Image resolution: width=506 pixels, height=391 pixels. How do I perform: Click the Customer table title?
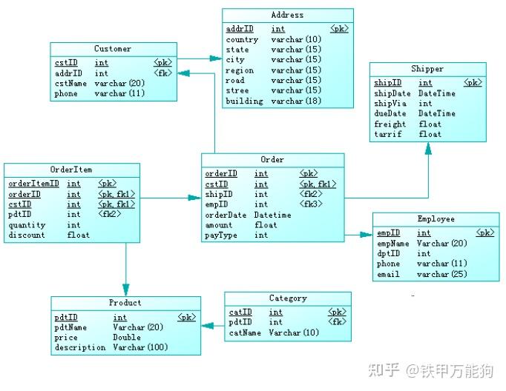tap(113, 49)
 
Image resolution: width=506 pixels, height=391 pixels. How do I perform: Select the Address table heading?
tap(287, 15)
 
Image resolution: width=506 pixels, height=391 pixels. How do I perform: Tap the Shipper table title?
tap(427, 69)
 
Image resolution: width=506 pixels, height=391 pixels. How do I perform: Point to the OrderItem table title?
tap(71, 170)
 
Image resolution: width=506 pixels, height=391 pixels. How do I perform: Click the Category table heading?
tap(288, 298)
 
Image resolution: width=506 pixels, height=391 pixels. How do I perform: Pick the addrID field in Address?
tap(239, 29)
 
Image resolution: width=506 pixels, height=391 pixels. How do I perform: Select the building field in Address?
tap(244, 101)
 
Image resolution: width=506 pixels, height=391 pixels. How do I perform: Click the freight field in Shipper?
tap(390, 124)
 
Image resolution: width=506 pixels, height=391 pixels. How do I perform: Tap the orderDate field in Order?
tap(226, 215)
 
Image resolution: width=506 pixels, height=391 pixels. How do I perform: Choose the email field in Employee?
tap(388, 274)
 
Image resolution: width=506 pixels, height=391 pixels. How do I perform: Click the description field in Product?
tap(80, 347)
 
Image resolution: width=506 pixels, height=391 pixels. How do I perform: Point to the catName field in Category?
tap(246, 332)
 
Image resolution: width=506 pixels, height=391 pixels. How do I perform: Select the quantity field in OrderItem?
tap(27, 225)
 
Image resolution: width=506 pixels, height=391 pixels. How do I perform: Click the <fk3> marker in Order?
tap(310, 204)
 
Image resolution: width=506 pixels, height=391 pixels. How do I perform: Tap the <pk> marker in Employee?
tap(485, 233)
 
